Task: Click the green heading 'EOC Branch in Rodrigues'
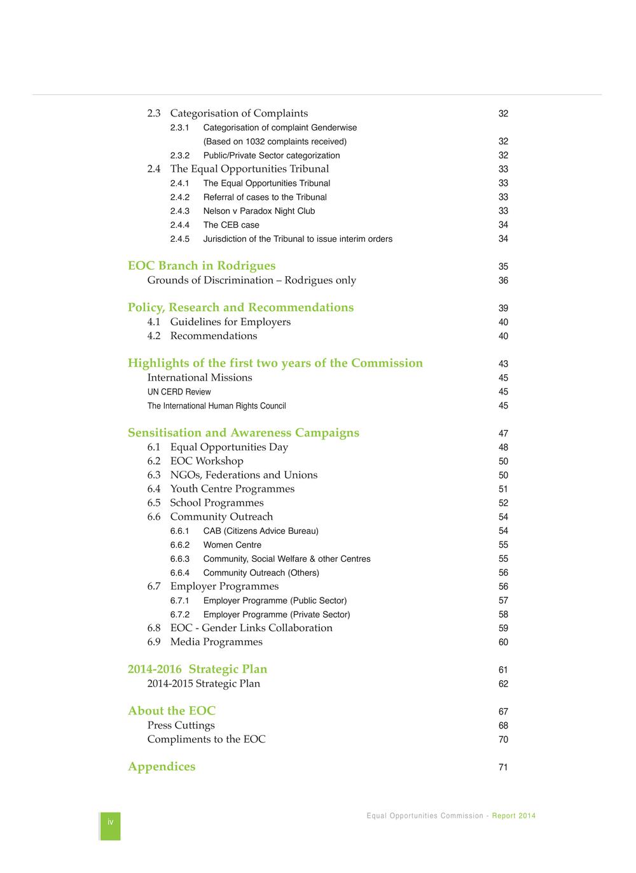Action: (202, 266)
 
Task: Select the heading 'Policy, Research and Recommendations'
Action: (240, 308)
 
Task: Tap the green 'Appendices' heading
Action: (162, 767)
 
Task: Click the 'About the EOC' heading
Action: (172, 711)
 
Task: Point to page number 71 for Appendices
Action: (503, 767)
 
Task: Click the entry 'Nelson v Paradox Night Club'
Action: (259, 211)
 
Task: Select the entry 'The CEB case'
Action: (231, 225)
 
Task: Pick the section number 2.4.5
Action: (180, 239)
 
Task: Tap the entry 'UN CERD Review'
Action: (179, 392)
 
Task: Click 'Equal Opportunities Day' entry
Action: (229, 447)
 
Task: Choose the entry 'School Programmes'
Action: (216, 503)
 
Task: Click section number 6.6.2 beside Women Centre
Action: (180, 545)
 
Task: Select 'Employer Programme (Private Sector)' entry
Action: (277, 615)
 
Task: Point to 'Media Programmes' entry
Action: (216, 642)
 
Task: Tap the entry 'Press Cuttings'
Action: (181, 725)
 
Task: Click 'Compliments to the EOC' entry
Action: (206, 739)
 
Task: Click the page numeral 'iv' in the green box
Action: (110, 822)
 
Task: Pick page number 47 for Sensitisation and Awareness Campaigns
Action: (503, 434)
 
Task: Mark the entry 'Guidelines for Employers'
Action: (230, 322)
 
